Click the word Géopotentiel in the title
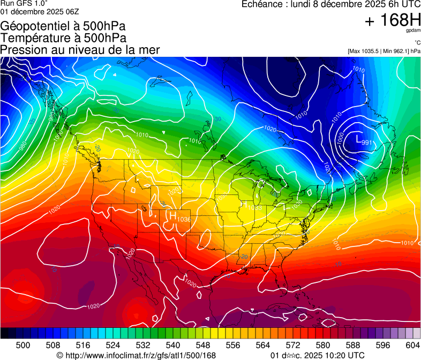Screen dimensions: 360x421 (x=35, y=26)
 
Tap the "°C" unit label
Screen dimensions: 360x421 (x=417, y=42)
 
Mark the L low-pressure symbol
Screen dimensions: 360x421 (x=358, y=139)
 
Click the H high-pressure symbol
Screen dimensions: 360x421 (x=172, y=215)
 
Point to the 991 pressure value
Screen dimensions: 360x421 (x=367, y=142)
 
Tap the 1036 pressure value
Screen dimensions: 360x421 (x=184, y=219)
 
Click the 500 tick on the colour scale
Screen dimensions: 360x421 (x=23, y=345)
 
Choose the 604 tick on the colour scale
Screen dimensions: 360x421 (x=412, y=345)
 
